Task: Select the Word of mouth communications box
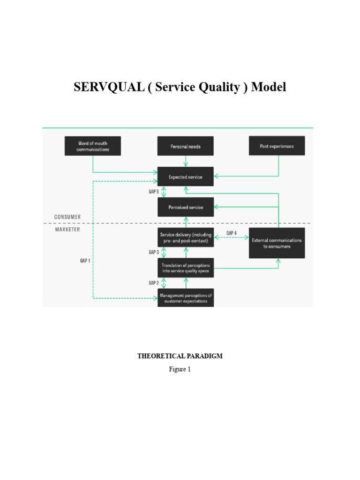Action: pos(92,146)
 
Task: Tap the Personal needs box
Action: pos(185,146)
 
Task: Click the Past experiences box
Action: pos(277,146)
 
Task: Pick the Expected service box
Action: pos(185,177)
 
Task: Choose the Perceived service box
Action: pos(185,207)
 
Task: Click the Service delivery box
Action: pos(185,238)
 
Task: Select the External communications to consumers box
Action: pos(277,243)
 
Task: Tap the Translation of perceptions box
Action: pos(185,268)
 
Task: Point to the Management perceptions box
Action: pos(185,298)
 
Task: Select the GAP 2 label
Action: pos(154,283)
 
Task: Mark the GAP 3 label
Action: pos(154,252)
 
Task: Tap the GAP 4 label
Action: pos(232,233)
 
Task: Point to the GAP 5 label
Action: pos(154,192)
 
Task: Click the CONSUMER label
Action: pos(67,217)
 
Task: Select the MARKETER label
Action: pos(67,229)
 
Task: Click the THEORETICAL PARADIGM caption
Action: pos(180,356)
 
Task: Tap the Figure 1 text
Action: pos(180,369)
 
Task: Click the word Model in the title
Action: pos(269,88)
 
